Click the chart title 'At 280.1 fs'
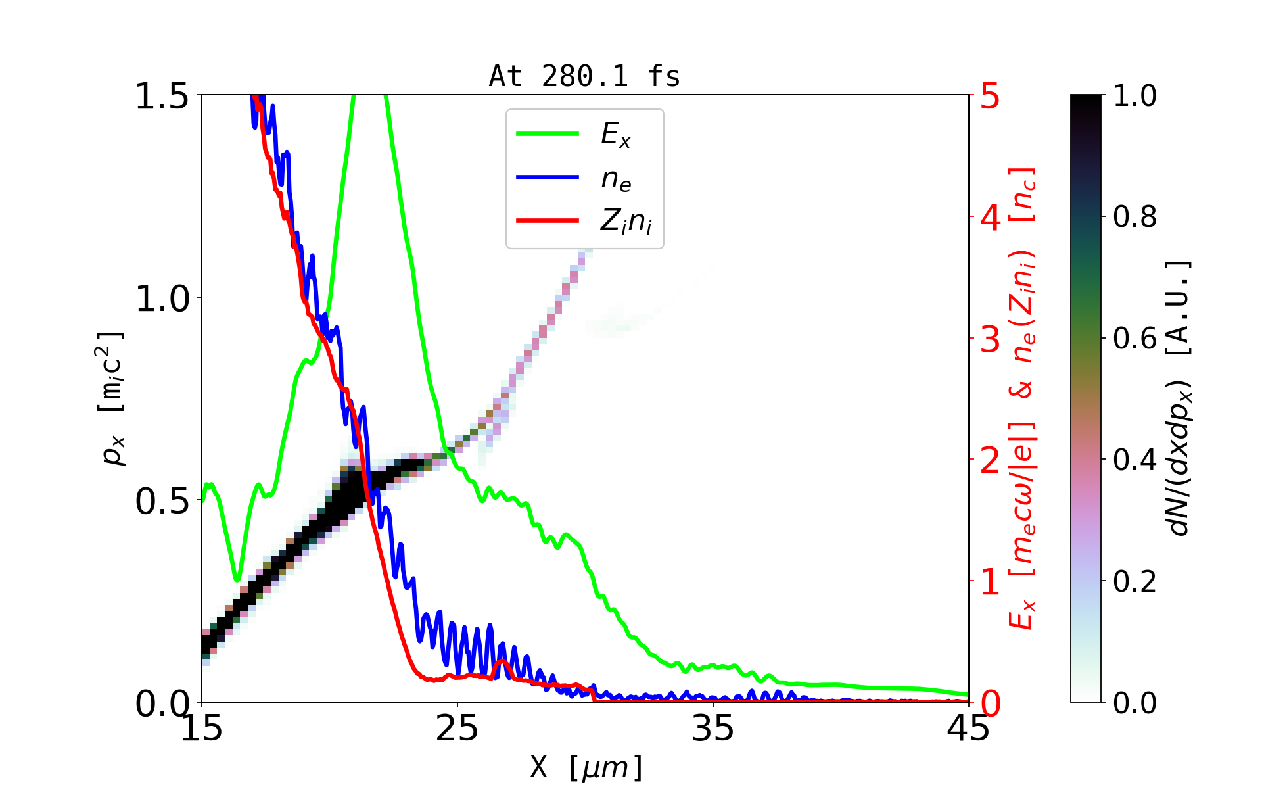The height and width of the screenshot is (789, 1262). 584,77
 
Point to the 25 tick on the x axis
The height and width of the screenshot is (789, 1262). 457,729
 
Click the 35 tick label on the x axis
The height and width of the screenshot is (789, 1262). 713,729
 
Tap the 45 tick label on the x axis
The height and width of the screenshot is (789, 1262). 969,729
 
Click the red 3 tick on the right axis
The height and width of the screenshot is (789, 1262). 990,339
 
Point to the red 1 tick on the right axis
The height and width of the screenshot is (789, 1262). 990,582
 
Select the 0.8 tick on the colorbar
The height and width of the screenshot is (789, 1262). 1134,217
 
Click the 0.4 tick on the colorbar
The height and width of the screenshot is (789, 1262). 1134,460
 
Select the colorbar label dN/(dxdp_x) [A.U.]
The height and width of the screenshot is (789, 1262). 1180,398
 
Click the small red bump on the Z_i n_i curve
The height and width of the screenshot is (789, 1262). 502,661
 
